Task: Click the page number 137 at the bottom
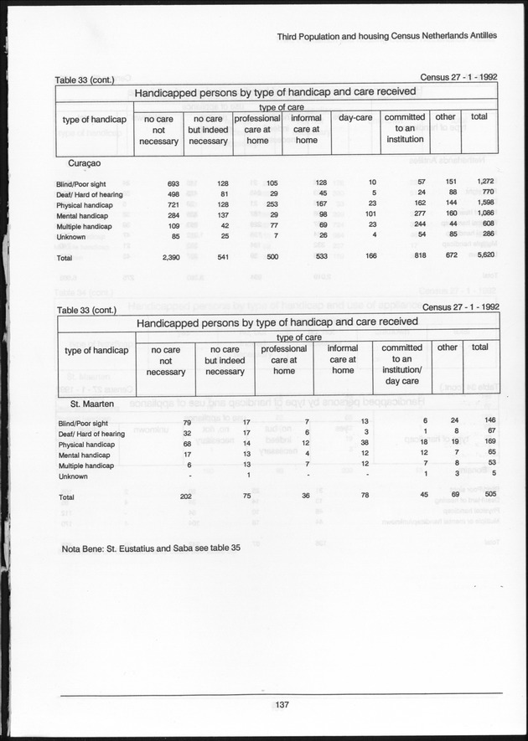tap(282, 705)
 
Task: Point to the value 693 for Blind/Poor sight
tap(173, 182)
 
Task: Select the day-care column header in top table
tap(355, 118)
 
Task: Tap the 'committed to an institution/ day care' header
tap(402, 364)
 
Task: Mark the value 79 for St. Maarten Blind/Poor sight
tap(189, 420)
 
